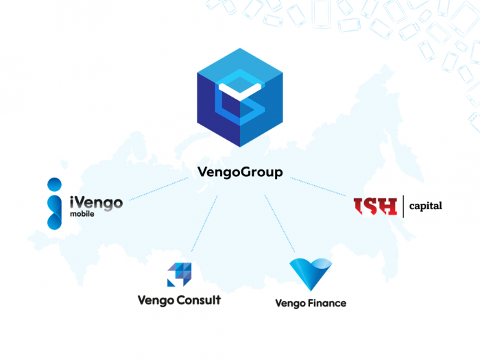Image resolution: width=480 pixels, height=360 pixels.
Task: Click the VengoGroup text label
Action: click(239, 173)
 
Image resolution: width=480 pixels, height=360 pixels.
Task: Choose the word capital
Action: click(425, 205)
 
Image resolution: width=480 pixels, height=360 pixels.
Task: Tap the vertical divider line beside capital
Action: click(403, 205)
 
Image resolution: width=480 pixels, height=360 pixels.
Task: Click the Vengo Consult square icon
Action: click(180, 274)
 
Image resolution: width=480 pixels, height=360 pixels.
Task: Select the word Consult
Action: click(199, 300)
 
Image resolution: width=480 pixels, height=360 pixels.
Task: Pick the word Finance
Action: click(326, 302)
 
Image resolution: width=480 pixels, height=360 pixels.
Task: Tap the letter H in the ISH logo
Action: click(388, 206)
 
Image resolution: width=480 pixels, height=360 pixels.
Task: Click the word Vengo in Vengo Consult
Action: click(157, 300)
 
